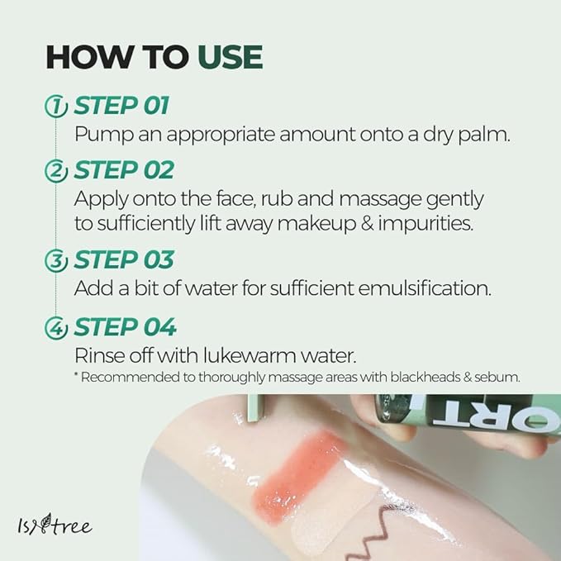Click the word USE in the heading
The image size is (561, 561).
[x=231, y=57]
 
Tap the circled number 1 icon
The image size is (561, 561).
[x=56, y=107]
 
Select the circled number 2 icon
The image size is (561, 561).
[x=56, y=171]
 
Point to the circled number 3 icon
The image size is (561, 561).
[x=56, y=260]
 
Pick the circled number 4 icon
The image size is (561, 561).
[x=56, y=328]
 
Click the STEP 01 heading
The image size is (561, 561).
[x=121, y=106]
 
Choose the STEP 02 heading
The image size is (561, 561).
[x=124, y=170]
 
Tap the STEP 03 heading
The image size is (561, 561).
[x=124, y=259]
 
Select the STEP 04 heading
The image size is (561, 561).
[x=125, y=327]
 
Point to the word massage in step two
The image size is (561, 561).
[x=380, y=200]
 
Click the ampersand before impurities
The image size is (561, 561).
[x=367, y=223]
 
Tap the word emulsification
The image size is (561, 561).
[x=425, y=288]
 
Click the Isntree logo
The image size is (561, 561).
[x=55, y=525]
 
